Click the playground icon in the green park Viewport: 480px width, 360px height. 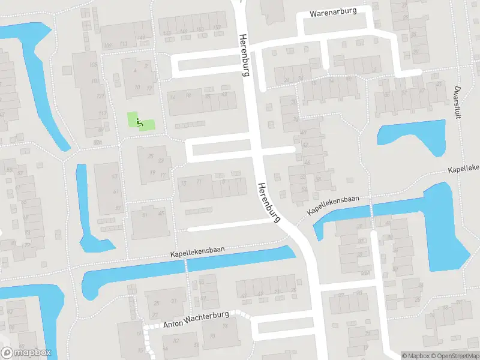tap(140, 123)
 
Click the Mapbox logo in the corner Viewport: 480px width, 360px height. tap(26, 353)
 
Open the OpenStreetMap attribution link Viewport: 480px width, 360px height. tap(454, 356)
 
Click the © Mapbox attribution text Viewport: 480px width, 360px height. tap(415, 356)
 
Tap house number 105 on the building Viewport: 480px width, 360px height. tap(93, 65)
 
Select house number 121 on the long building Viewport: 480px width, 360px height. tap(100, 96)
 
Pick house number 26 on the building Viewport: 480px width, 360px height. tap(151, 157)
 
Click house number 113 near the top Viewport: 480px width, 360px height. tap(124, 44)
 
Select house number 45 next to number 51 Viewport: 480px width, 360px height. tap(161, 214)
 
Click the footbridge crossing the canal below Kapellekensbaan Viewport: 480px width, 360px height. tap(187, 265)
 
